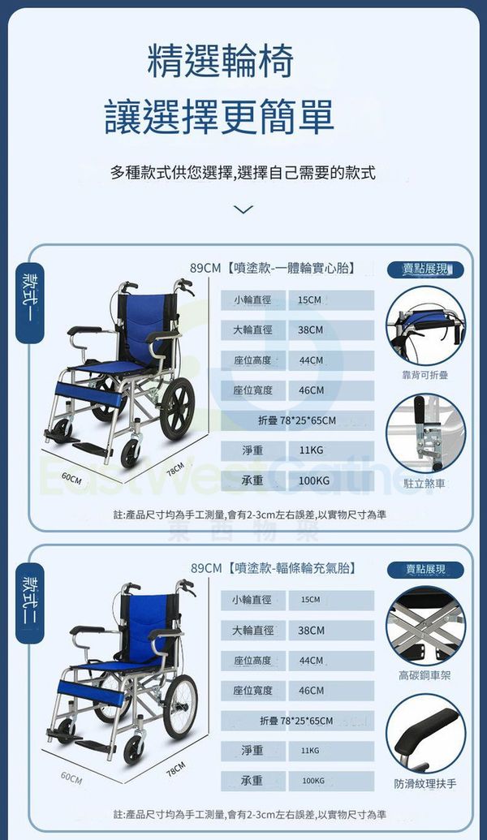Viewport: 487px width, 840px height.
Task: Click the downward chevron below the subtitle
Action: pos(243,209)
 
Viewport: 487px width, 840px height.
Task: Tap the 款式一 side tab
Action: pos(29,304)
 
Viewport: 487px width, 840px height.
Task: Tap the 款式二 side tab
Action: pos(29,603)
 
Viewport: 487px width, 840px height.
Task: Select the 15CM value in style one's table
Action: pos(310,300)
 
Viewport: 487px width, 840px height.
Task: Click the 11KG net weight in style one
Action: pos(311,450)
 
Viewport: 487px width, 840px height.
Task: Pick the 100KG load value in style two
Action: pos(312,781)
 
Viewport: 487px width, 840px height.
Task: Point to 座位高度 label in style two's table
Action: pos(252,661)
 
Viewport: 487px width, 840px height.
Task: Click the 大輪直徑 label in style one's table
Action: pos(252,330)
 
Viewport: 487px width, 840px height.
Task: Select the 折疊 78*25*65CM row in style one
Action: pos(297,420)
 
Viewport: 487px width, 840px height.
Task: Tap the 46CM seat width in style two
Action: pos(311,691)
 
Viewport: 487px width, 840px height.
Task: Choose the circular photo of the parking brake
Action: pos(426,433)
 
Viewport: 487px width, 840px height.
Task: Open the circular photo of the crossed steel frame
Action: pos(426,626)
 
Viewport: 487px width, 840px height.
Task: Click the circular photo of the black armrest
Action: pos(426,734)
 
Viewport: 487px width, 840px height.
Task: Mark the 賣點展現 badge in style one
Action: pos(425,269)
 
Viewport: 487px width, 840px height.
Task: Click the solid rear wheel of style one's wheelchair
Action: pos(177,409)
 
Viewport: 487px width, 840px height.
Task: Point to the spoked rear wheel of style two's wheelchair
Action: pos(180,707)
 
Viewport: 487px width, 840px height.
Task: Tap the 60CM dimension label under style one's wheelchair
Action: pos(71,478)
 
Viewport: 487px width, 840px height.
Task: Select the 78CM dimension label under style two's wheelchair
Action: pos(176,769)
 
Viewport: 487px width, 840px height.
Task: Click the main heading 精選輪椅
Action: pos(220,61)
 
